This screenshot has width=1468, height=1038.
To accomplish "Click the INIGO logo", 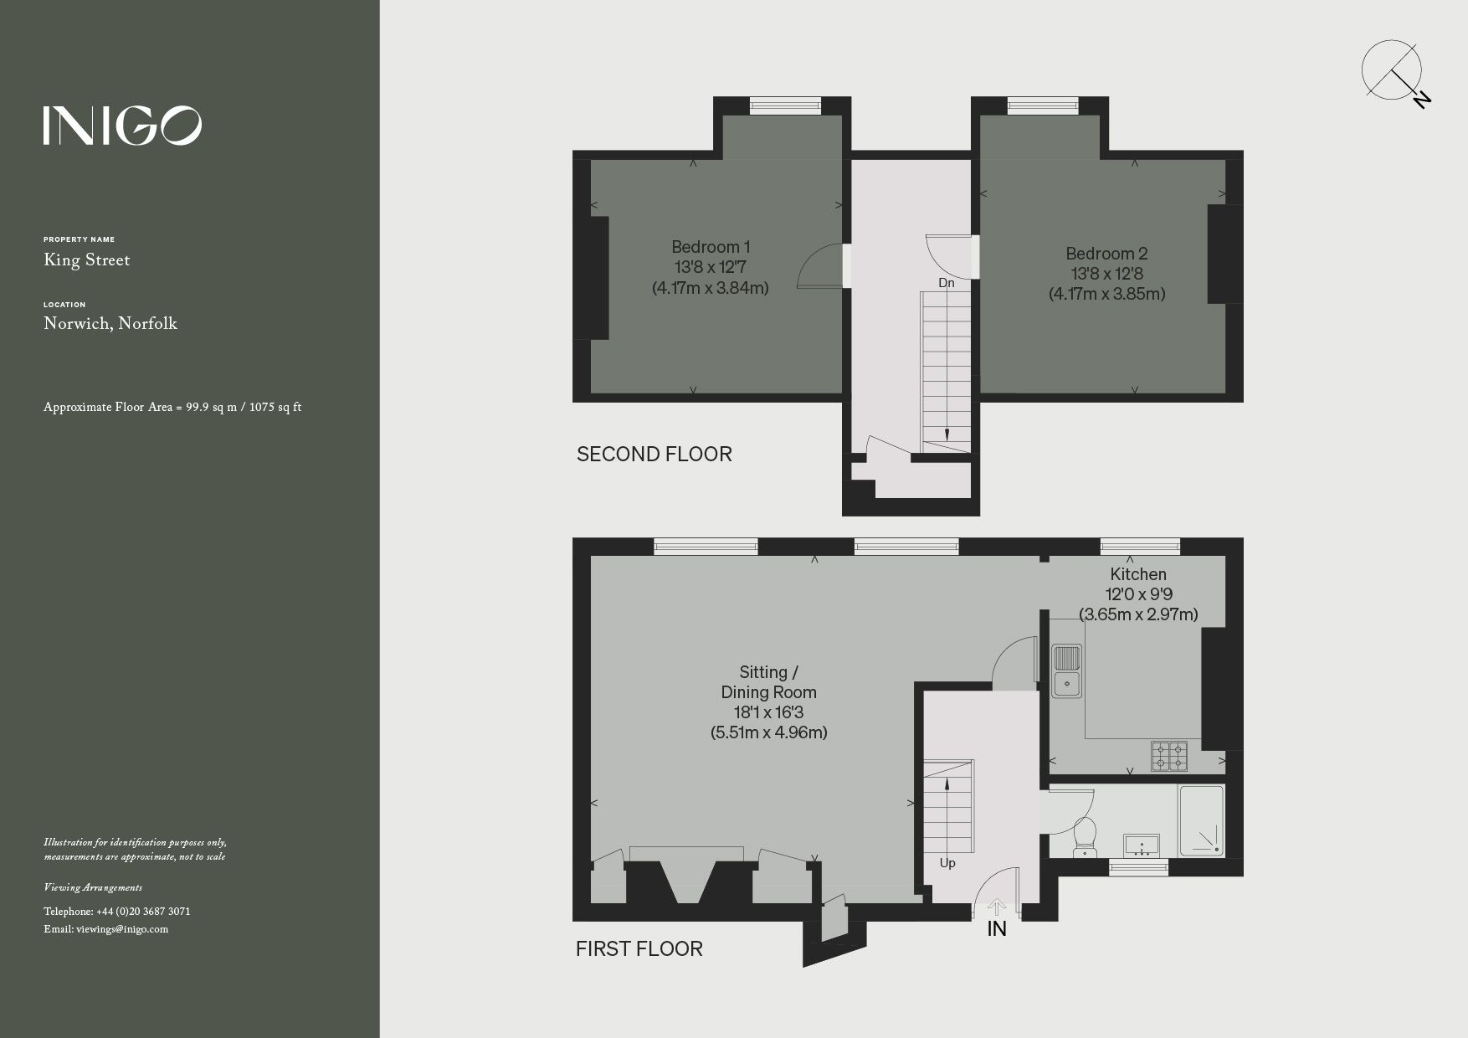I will tap(122, 126).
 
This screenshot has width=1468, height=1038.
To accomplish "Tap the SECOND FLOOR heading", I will tap(654, 455).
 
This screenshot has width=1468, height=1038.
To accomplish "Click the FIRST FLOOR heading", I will tap(639, 948).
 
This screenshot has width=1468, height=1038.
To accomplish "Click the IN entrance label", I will tap(996, 928).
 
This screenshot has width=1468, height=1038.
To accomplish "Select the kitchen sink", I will tap(1066, 670).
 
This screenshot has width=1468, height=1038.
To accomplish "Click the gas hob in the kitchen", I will tap(1169, 755).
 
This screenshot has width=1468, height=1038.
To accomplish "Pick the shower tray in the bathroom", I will tap(1201, 820).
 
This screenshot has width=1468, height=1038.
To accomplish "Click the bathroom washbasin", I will tap(1140, 845).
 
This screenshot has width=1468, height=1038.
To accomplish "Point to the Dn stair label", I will tap(946, 283).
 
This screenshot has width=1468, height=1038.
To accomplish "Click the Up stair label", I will tap(947, 863).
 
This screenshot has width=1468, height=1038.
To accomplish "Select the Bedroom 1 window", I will tap(785, 105).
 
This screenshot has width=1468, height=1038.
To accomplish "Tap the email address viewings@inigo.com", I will tap(121, 929).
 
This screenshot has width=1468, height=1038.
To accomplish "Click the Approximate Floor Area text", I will tap(172, 408).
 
